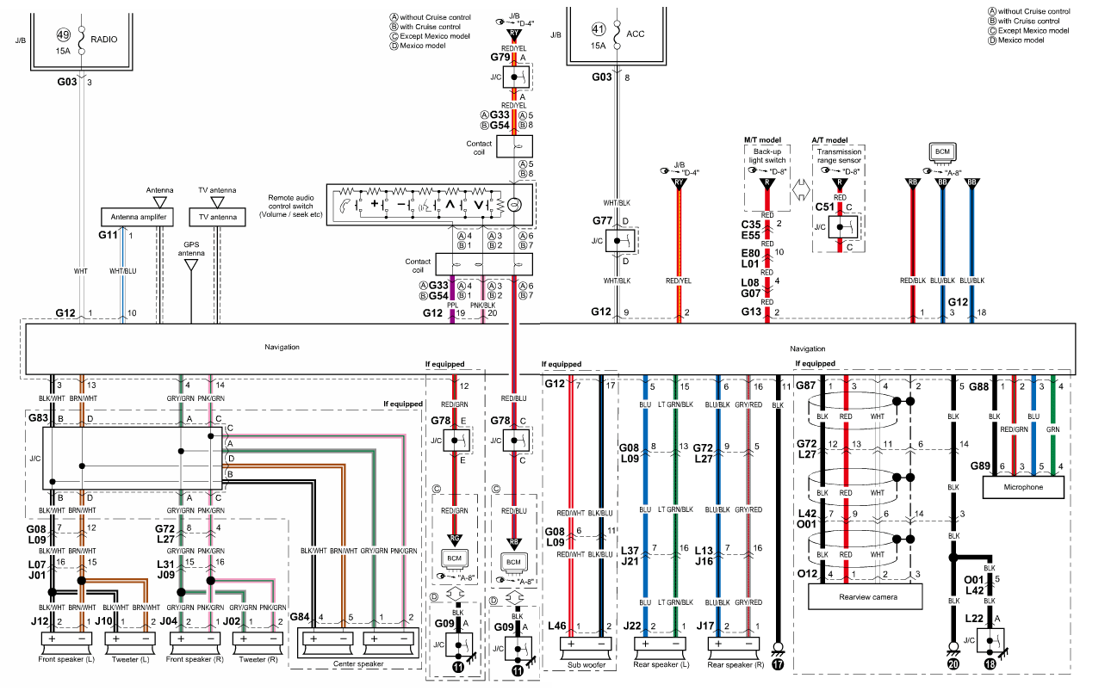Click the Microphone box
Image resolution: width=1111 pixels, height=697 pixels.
pyautogui.click(x=1023, y=487)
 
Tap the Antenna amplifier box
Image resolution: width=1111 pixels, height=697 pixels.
pyautogui.click(x=138, y=217)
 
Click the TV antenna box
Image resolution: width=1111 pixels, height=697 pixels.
pyautogui.click(x=217, y=217)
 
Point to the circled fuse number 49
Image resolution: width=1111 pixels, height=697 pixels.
pyautogui.click(x=63, y=35)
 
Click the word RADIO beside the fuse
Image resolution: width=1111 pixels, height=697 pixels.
pyautogui.click(x=104, y=39)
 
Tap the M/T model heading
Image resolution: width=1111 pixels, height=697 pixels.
pyautogui.click(x=762, y=139)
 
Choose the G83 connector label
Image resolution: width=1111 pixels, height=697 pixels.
pyautogui.click(x=37, y=418)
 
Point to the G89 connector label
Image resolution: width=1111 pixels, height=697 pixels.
pyautogui.click(x=979, y=466)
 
